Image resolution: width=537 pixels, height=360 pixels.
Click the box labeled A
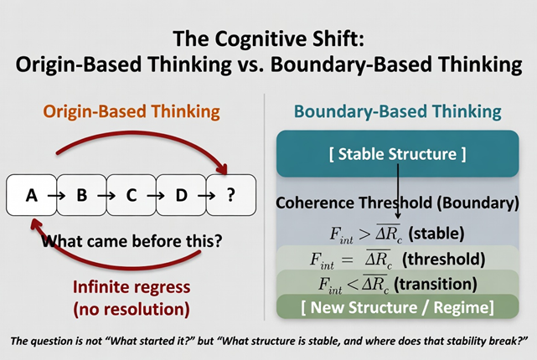(32, 197)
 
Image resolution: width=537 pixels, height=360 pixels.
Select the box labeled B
(82, 197)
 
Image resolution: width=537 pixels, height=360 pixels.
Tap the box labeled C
(132, 197)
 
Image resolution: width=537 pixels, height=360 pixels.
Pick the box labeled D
(181, 197)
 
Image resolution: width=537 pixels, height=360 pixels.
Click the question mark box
(230, 197)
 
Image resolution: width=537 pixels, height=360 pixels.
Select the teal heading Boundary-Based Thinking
(397, 111)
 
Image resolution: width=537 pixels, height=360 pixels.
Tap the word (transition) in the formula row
(448, 283)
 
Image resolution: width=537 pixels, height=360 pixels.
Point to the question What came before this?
(132, 243)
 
